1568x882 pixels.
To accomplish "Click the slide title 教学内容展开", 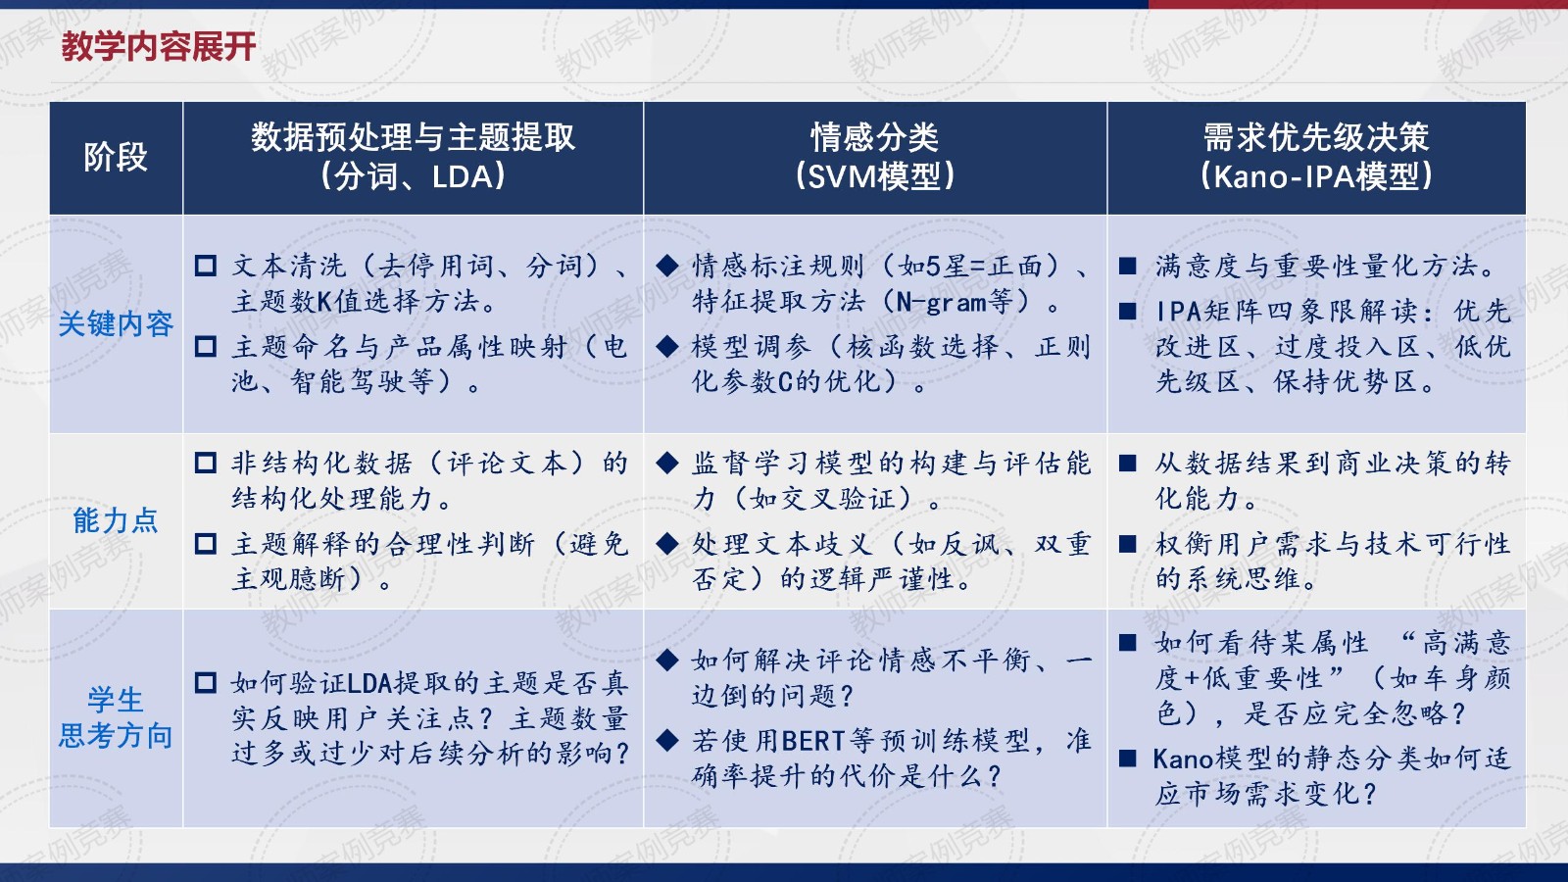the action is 158,47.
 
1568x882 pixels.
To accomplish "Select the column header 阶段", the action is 116,157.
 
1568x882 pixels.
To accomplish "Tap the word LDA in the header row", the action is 463,176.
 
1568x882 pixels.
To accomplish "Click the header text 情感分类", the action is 874,137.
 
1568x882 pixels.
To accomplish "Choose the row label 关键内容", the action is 116,324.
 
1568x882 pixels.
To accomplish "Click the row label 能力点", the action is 116,520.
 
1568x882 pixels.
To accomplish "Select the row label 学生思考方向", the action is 116,717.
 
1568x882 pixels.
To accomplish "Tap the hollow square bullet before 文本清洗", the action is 205,266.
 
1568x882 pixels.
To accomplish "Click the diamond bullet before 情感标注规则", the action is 667,266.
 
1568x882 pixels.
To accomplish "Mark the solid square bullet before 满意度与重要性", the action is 1127,266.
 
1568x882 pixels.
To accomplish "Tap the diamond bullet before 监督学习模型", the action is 667,463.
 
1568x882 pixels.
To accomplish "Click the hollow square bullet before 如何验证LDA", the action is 205,682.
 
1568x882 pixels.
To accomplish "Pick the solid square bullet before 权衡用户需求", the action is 1127,544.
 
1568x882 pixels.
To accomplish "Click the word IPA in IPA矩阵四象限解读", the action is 1178,311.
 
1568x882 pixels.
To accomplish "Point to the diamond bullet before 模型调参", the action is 667,347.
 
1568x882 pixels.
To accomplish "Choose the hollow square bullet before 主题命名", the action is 205,347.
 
